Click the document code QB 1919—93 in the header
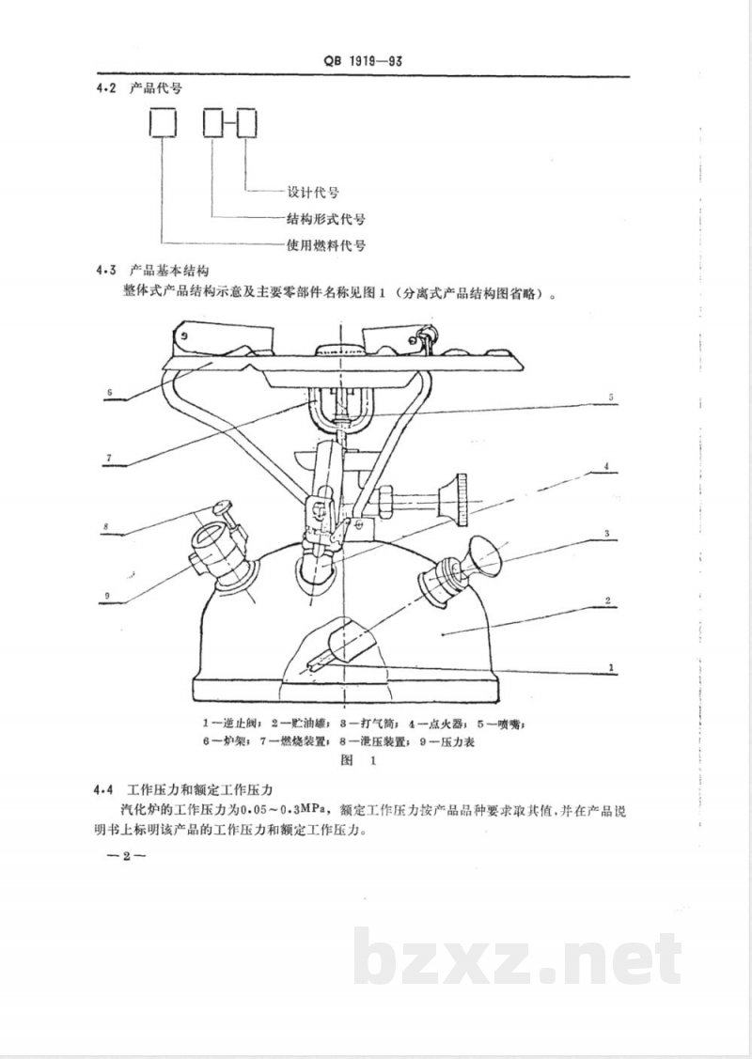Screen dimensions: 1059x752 pos(364,64)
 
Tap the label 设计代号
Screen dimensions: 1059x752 pos(310,193)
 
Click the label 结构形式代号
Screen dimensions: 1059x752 pos(325,219)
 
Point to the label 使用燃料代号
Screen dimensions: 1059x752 pos(325,246)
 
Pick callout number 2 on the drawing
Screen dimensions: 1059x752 pos(609,600)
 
